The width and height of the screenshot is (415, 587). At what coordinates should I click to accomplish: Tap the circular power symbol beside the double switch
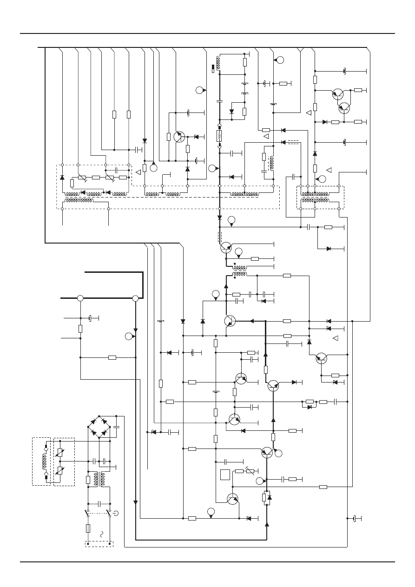click(x=116, y=514)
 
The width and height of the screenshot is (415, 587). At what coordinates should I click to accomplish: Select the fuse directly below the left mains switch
click(x=88, y=528)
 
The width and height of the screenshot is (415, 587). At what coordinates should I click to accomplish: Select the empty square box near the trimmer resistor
click(x=225, y=475)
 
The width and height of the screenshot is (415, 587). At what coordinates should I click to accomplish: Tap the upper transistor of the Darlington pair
click(x=338, y=94)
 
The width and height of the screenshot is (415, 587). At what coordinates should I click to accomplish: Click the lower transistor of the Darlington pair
click(x=344, y=108)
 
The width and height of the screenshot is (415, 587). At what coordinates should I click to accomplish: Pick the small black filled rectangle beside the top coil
click(x=213, y=69)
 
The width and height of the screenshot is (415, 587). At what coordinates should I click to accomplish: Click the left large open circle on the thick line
click(x=80, y=298)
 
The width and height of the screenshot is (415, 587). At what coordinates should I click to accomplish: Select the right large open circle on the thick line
click(x=135, y=298)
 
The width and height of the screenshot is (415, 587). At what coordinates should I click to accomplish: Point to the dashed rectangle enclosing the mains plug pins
click(x=99, y=544)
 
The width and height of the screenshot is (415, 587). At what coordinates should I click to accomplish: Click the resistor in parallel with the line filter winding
click(x=88, y=480)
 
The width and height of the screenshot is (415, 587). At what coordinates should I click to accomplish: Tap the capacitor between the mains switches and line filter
click(x=99, y=503)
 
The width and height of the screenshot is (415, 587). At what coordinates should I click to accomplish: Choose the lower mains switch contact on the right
click(x=110, y=513)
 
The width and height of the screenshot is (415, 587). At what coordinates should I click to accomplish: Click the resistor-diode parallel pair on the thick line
click(x=267, y=497)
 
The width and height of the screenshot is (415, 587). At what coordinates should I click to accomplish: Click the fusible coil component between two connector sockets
click(x=219, y=136)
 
